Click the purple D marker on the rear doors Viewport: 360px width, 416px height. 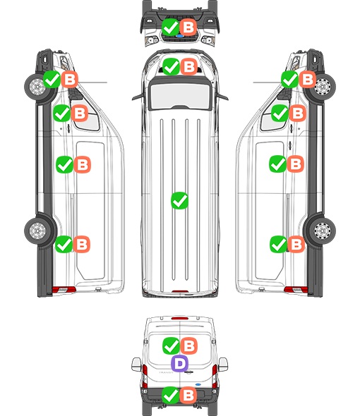pyautogui.click(x=180, y=363)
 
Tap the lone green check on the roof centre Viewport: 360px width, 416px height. pyautogui.click(x=179, y=200)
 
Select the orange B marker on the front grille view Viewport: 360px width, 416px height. pyautogui.click(x=188, y=27)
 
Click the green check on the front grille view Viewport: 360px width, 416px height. pyautogui.click(x=170, y=27)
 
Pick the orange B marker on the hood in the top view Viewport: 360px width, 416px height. pyautogui.click(x=189, y=66)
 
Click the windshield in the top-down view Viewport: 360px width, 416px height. pyautogui.click(x=180, y=96)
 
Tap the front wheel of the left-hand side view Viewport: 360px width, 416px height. pyautogui.click(x=37, y=87)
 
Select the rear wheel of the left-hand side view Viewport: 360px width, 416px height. pyautogui.click(x=37, y=231)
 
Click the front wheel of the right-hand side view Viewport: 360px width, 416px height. pyautogui.click(x=323, y=87)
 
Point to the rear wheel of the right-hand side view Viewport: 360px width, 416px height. pyautogui.click(x=323, y=231)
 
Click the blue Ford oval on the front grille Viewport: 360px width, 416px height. pyautogui.click(x=180, y=36)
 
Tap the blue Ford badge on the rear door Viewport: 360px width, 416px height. pyautogui.click(x=198, y=384)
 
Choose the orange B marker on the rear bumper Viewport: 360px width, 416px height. pyautogui.click(x=188, y=396)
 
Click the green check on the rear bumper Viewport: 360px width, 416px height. pyautogui.click(x=170, y=396)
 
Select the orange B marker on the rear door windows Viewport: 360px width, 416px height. pyautogui.click(x=189, y=345)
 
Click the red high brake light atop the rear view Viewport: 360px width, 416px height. pyautogui.click(x=180, y=318)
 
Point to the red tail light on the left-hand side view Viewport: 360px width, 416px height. pyautogui.click(x=64, y=290)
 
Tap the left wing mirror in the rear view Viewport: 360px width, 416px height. pyautogui.click(x=136, y=365)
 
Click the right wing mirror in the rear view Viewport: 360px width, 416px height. pyautogui.click(x=223, y=365)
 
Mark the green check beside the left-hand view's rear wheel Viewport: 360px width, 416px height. pyautogui.click(x=64, y=244)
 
